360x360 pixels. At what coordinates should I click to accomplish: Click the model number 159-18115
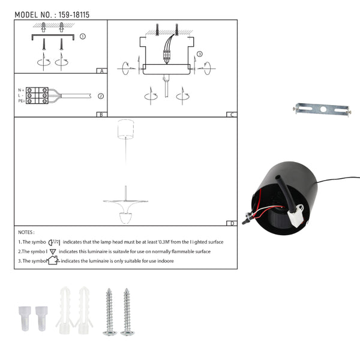coord(74,15)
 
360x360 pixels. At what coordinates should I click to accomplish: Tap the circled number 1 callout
coord(83,36)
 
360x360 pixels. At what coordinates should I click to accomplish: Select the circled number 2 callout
coord(101,96)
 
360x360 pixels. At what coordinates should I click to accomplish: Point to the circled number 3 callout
coord(200,54)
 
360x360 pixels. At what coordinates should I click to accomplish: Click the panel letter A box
coord(102,71)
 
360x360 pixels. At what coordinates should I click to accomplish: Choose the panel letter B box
coord(101,115)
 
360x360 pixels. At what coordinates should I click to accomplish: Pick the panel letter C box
coord(232,115)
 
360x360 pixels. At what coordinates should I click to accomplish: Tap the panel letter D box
coord(232,223)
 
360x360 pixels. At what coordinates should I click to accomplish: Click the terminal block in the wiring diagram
coord(37,95)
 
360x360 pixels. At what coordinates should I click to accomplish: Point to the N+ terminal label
coord(21,90)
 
